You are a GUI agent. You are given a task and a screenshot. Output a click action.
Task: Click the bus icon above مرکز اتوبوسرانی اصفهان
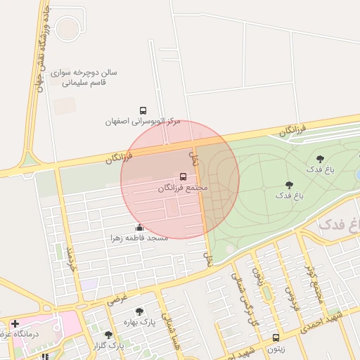[143, 111]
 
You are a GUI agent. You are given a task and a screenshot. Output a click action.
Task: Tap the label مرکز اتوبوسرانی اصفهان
[143, 121]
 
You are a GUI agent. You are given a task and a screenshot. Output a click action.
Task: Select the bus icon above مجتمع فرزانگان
[184, 176]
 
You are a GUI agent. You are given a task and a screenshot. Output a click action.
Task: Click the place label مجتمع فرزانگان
[183, 188]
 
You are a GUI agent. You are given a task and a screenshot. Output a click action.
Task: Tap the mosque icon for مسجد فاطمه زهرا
[139, 227]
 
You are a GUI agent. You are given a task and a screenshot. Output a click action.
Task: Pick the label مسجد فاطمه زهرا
[139, 238]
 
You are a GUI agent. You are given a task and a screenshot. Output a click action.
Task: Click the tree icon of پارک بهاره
[139, 311]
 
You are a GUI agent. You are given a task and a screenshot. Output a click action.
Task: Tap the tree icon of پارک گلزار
[108, 335]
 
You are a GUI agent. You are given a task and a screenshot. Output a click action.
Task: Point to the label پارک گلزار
[108, 345]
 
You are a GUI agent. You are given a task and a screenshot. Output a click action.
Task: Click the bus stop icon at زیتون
[276, 337]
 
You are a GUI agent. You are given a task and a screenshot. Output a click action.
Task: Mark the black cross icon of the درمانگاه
[15, 323]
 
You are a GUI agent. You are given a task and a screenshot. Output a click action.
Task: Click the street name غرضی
[117, 298]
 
